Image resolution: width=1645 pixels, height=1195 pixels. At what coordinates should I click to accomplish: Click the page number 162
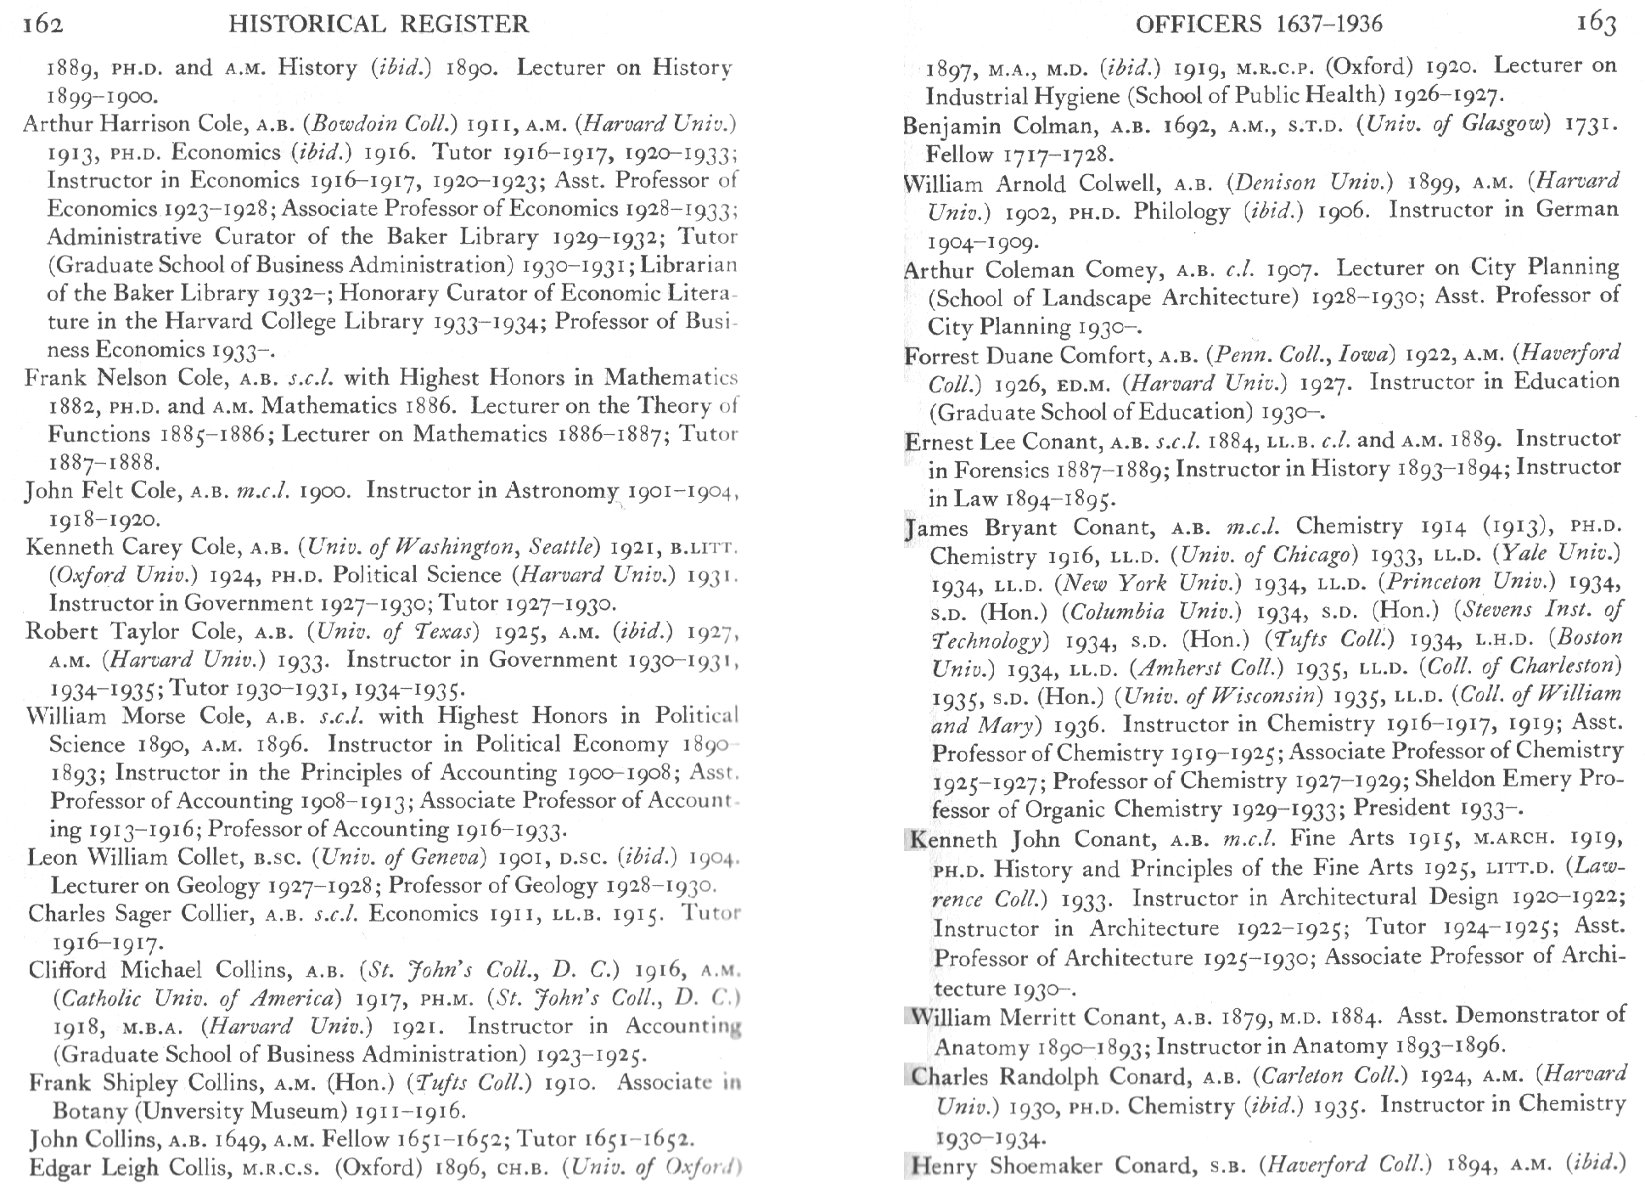42,24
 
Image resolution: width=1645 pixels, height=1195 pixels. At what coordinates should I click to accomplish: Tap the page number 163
1596,24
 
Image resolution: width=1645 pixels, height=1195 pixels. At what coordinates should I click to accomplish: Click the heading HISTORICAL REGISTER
379,24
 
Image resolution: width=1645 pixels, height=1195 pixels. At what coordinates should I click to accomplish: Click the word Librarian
688,265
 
